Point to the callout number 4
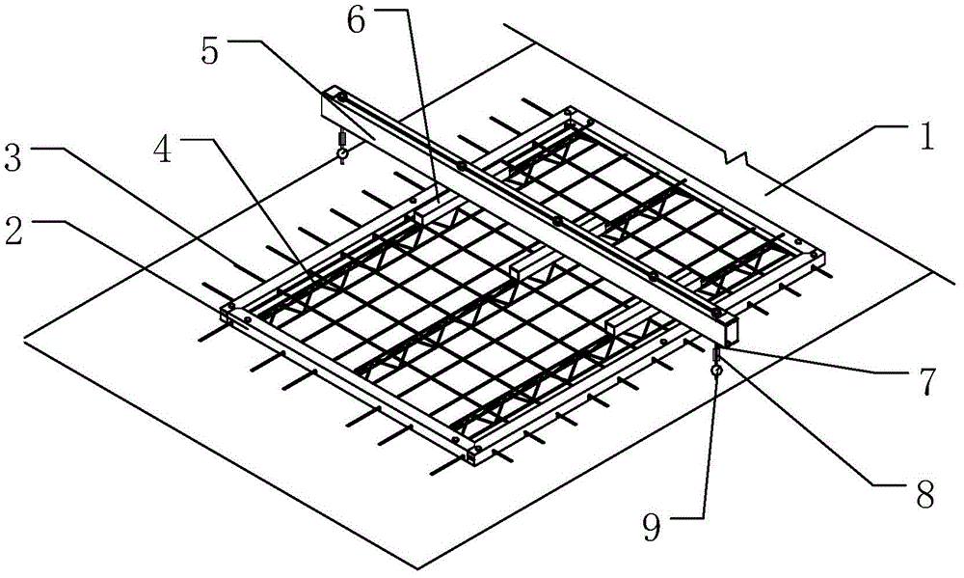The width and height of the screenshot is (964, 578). click(x=163, y=150)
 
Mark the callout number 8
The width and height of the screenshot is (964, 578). click(x=923, y=493)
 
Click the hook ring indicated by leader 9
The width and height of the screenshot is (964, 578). click(x=715, y=371)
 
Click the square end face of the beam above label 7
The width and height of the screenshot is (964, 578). click(x=731, y=331)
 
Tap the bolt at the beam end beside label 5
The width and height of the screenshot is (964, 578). click(x=342, y=97)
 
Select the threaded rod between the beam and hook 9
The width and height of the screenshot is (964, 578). click(x=715, y=355)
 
